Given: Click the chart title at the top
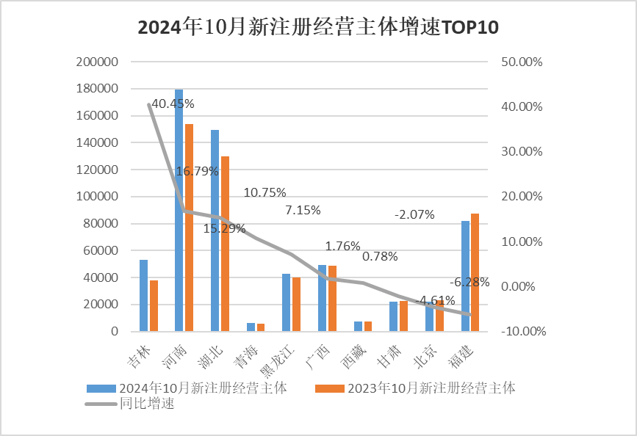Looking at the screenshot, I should pos(318,29).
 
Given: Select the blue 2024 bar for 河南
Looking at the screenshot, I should pos(179,213).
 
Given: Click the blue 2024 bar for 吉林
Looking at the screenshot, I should pos(143,295).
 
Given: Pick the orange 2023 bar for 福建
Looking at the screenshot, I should pos(475,272).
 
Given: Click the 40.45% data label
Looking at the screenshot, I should pos(173,103).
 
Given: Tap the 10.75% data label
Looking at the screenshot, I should pos(264,192).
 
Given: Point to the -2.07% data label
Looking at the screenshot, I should pos(414,214).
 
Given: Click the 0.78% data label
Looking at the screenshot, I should pos(380,256).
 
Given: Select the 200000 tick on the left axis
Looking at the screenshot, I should pos(97,62).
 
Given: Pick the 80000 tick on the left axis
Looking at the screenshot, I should pos(100,224).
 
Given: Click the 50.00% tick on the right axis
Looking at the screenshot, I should pos(521,62).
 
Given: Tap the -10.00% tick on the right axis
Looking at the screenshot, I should pos(522,331).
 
